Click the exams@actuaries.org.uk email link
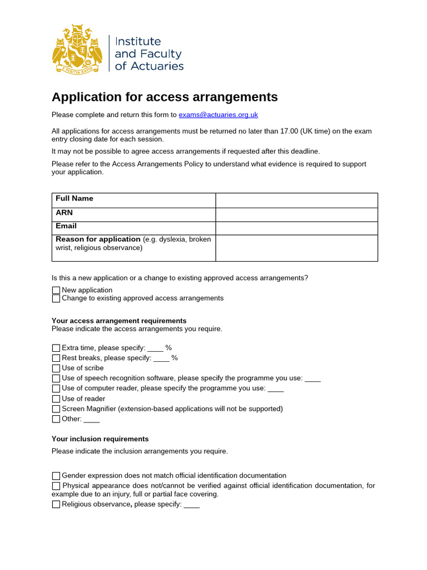218,115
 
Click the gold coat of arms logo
77,49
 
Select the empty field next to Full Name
296,200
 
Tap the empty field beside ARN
296,214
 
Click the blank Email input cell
296,228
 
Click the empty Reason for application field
296,248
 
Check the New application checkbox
56,290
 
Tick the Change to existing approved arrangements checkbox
56,298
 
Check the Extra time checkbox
56,348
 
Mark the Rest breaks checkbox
56,358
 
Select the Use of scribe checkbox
56,368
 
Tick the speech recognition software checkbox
56,379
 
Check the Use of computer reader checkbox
56,389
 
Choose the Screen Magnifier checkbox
56,409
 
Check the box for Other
56,419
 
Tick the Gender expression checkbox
56,476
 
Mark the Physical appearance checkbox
56,486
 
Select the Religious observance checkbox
56,504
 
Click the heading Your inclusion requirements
100,439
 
